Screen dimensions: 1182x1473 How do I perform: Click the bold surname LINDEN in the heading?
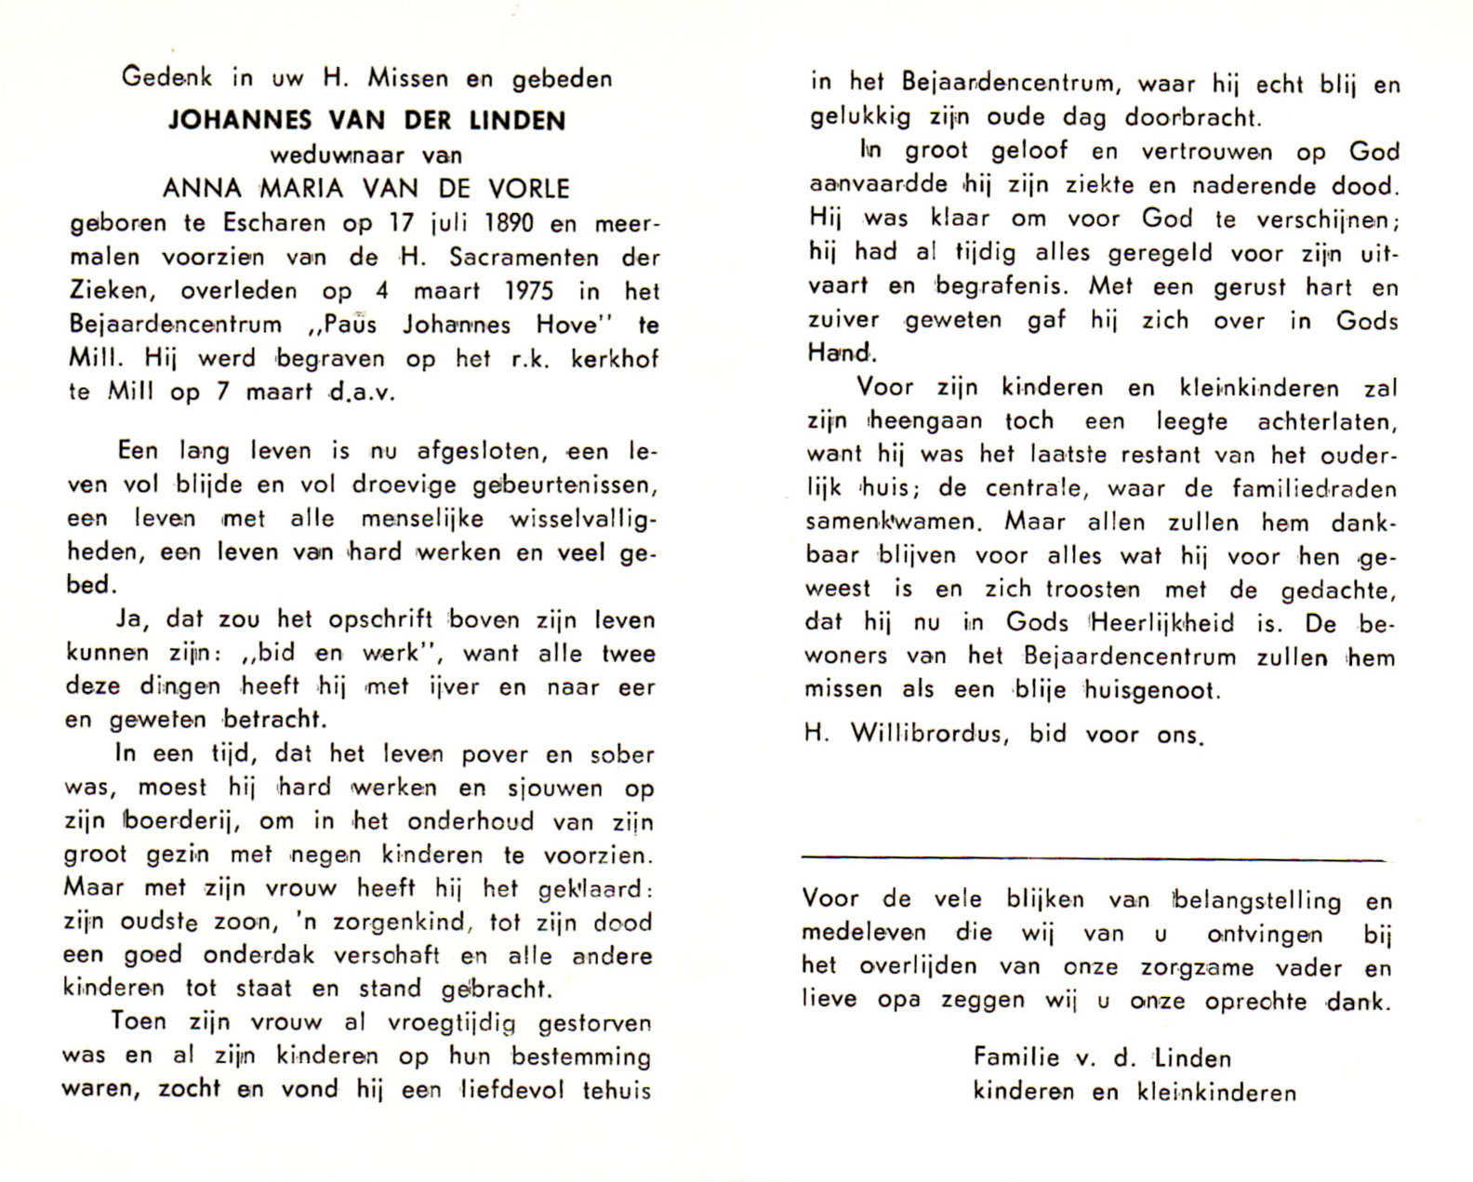[517, 121]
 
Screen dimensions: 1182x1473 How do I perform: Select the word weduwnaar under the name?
[338, 155]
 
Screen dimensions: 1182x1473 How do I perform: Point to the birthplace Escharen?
[274, 223]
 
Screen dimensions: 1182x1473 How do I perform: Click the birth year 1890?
[503, 223]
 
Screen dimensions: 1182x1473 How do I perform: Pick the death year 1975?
[528, 291]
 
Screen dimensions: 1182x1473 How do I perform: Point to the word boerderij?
[182, 822]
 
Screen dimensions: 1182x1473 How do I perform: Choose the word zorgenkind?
[385, 923]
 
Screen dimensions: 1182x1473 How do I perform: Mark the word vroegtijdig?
[451, 1023]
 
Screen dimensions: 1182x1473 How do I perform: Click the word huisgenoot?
[1149, 691]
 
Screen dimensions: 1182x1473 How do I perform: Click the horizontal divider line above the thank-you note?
[1093, 858]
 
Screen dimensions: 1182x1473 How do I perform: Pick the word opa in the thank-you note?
[898, 1001]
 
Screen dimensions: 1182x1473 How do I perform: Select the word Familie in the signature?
[1015, 1057]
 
